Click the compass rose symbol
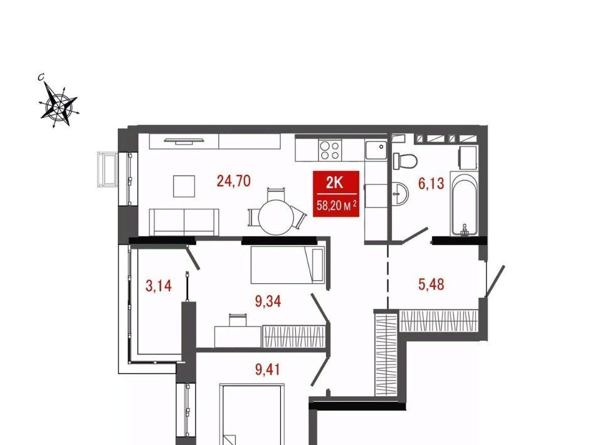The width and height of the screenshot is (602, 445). [59, 104]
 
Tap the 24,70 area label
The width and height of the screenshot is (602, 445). [233, 181]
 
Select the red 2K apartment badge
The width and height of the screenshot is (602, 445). [336, 194]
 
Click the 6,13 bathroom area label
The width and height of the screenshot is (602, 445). [431, 184]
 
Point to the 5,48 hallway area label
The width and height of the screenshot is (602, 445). [431, 285]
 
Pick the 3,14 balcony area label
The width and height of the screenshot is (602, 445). [159, 285]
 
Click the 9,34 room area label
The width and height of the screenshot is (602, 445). [268, 301]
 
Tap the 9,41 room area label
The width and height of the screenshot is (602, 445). [268, 369]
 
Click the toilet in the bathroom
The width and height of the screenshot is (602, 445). [404, 160]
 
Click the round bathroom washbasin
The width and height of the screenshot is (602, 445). [400, 194]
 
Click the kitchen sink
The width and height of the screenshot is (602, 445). [376, 150]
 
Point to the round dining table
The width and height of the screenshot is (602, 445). [276, 217]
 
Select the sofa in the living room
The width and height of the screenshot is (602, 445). [184, 222]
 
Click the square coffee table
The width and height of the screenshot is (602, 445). [184, 186]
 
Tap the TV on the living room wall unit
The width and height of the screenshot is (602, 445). [184, 140]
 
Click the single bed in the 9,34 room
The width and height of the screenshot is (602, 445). [288, 264]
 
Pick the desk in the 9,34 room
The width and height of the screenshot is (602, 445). [238, 337]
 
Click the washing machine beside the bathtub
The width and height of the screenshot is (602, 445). [468, 158]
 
